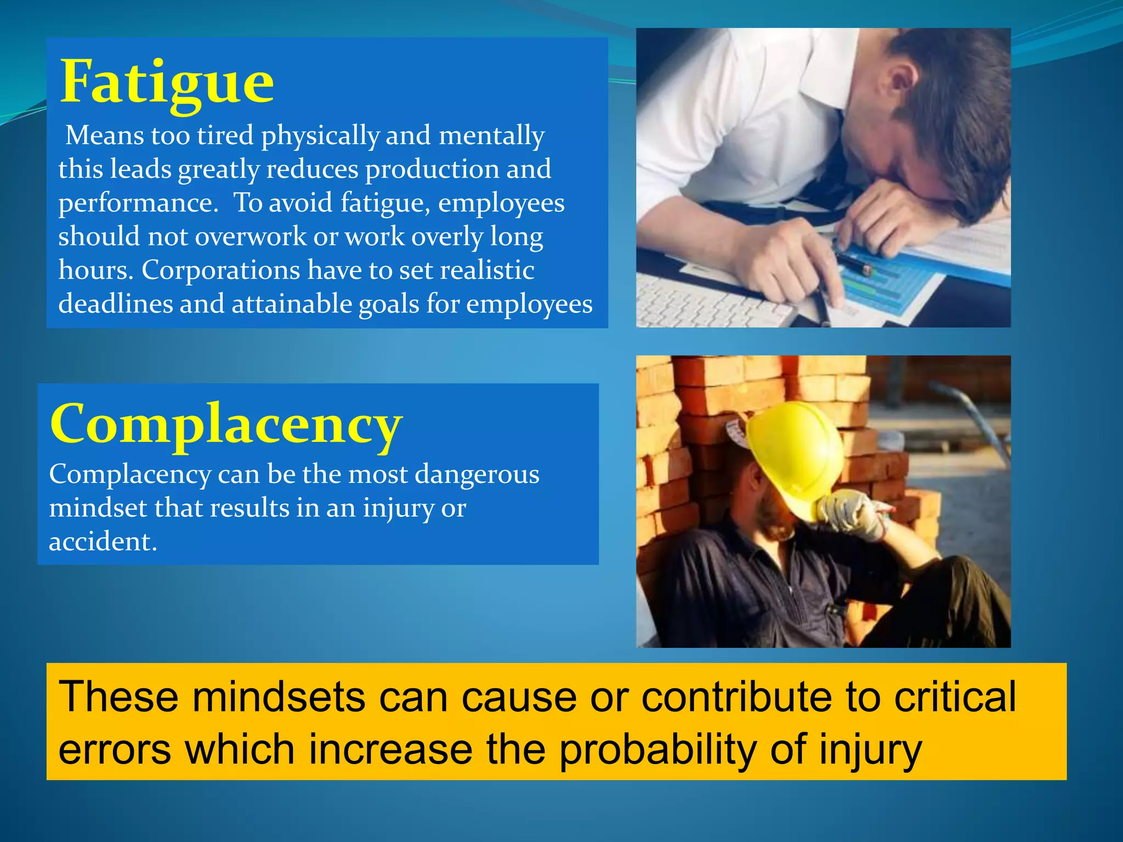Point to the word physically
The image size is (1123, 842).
[320, 136]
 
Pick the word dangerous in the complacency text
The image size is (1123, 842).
[477, 474]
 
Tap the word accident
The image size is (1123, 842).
[103, 542]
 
